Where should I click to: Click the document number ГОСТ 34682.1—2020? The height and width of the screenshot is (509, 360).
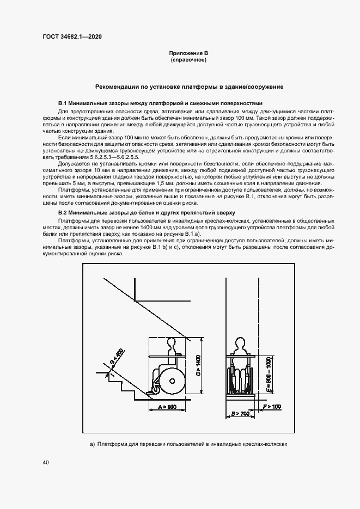coord(71,36)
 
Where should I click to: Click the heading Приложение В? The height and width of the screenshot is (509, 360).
coord(188,53)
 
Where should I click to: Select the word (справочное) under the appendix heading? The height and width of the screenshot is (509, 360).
coord(188,59)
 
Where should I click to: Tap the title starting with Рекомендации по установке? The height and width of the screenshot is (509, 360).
coord(189,87)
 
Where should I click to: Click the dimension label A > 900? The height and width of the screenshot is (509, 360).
coord(167,407)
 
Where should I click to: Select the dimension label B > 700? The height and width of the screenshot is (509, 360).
coord(240,414)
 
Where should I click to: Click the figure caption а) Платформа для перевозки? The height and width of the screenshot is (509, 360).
coord(188,444)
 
